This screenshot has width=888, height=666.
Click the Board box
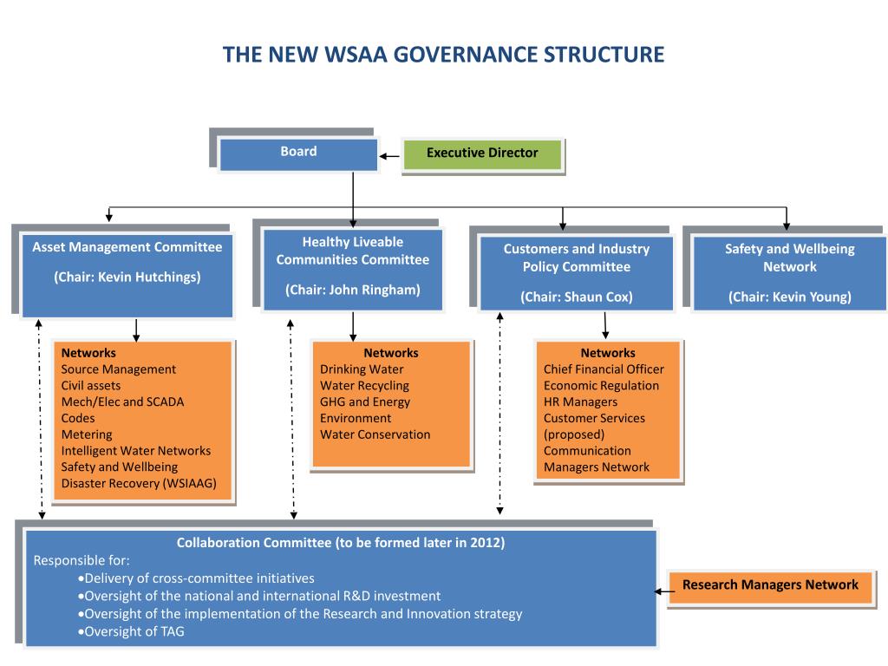coord(298,153)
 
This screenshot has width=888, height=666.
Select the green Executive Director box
coord(482,153)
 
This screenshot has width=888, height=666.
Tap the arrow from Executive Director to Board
coord(389,157)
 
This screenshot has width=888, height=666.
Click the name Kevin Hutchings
coord(149,277)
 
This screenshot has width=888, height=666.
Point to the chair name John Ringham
coord(373,290)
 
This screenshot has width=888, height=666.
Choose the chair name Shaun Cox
coord(598,297)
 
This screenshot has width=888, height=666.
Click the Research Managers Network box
coord(770,584)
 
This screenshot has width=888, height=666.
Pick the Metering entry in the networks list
coord(87,434)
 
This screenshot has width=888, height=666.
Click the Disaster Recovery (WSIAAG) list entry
coord(139,483)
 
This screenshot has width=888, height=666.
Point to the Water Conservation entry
coord(375,434)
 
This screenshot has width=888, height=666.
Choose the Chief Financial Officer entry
coord(604,369)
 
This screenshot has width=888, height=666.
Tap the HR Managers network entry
coord(580,402)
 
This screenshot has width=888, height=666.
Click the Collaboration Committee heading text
coord(340,543)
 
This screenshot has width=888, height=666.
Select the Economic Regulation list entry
coord(601,386)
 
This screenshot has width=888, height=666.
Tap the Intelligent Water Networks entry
coord(135,451)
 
